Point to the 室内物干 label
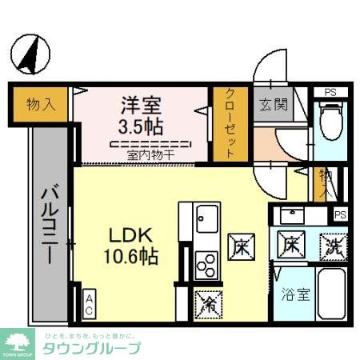pos(150,154)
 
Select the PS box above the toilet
pos(330,93)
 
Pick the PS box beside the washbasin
pos(340,214)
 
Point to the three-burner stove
pos(206,264)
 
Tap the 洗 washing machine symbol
pos(333,245)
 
